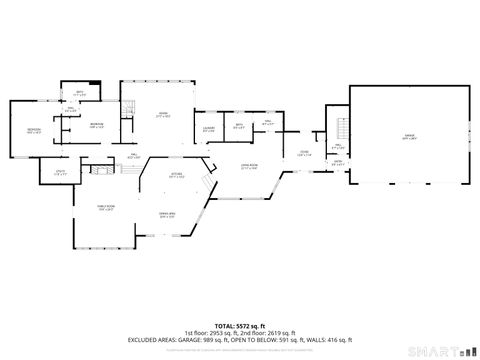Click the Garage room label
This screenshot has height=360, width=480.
click(x=408, y=136)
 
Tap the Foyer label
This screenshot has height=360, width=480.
click(x=305, y=153)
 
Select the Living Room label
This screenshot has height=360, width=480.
click(x=249, y=167)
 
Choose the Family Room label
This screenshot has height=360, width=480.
click(x=106, y=208)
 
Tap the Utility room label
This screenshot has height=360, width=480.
click(x=60, y=175)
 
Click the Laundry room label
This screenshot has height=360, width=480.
click(x=208, y=129)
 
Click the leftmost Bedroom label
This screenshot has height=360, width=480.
click(x=34, y=131)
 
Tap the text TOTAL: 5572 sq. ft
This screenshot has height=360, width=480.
click(x=239, y=326)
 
